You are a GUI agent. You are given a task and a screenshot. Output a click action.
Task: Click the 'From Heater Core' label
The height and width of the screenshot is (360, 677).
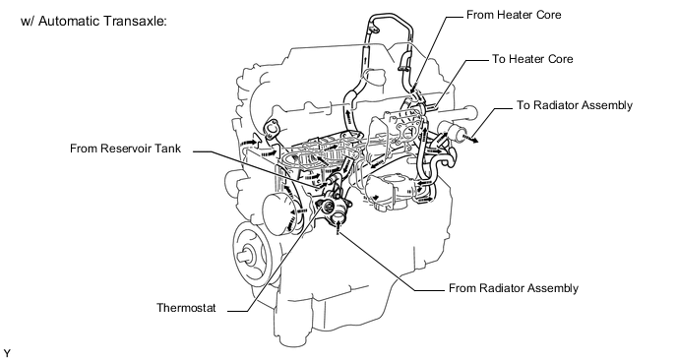pyautogui.click(x=514, y=15)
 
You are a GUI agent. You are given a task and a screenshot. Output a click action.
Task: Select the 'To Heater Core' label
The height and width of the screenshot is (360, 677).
pyautogui.click(x=532, y=59)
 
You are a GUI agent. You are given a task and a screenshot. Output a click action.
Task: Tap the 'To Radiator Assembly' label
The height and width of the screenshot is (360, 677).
pyautogui.click(x=575, y=106)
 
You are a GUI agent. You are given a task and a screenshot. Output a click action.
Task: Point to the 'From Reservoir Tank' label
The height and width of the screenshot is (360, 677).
pyautogui.click(x=125, y=149)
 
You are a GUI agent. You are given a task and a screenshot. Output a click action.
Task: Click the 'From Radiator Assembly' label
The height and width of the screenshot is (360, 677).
pyautogui.click(x=514, y=288)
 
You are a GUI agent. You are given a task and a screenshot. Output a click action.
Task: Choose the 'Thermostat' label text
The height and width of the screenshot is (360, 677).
pyautogui.click(x=186, y=308)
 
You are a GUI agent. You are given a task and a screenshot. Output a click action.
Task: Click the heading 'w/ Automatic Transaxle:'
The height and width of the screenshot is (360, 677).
pyautogui.click(x=93, y=21)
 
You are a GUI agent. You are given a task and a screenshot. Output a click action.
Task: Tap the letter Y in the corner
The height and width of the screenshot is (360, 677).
pyautogui.click(x=7, y=353)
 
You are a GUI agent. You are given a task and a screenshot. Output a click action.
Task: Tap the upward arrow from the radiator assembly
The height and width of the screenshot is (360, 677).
pyautogui.click(x=338, y=226)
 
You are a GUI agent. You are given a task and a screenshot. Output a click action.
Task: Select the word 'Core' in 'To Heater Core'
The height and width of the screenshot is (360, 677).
pyautogui.click(x=560, y=59)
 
